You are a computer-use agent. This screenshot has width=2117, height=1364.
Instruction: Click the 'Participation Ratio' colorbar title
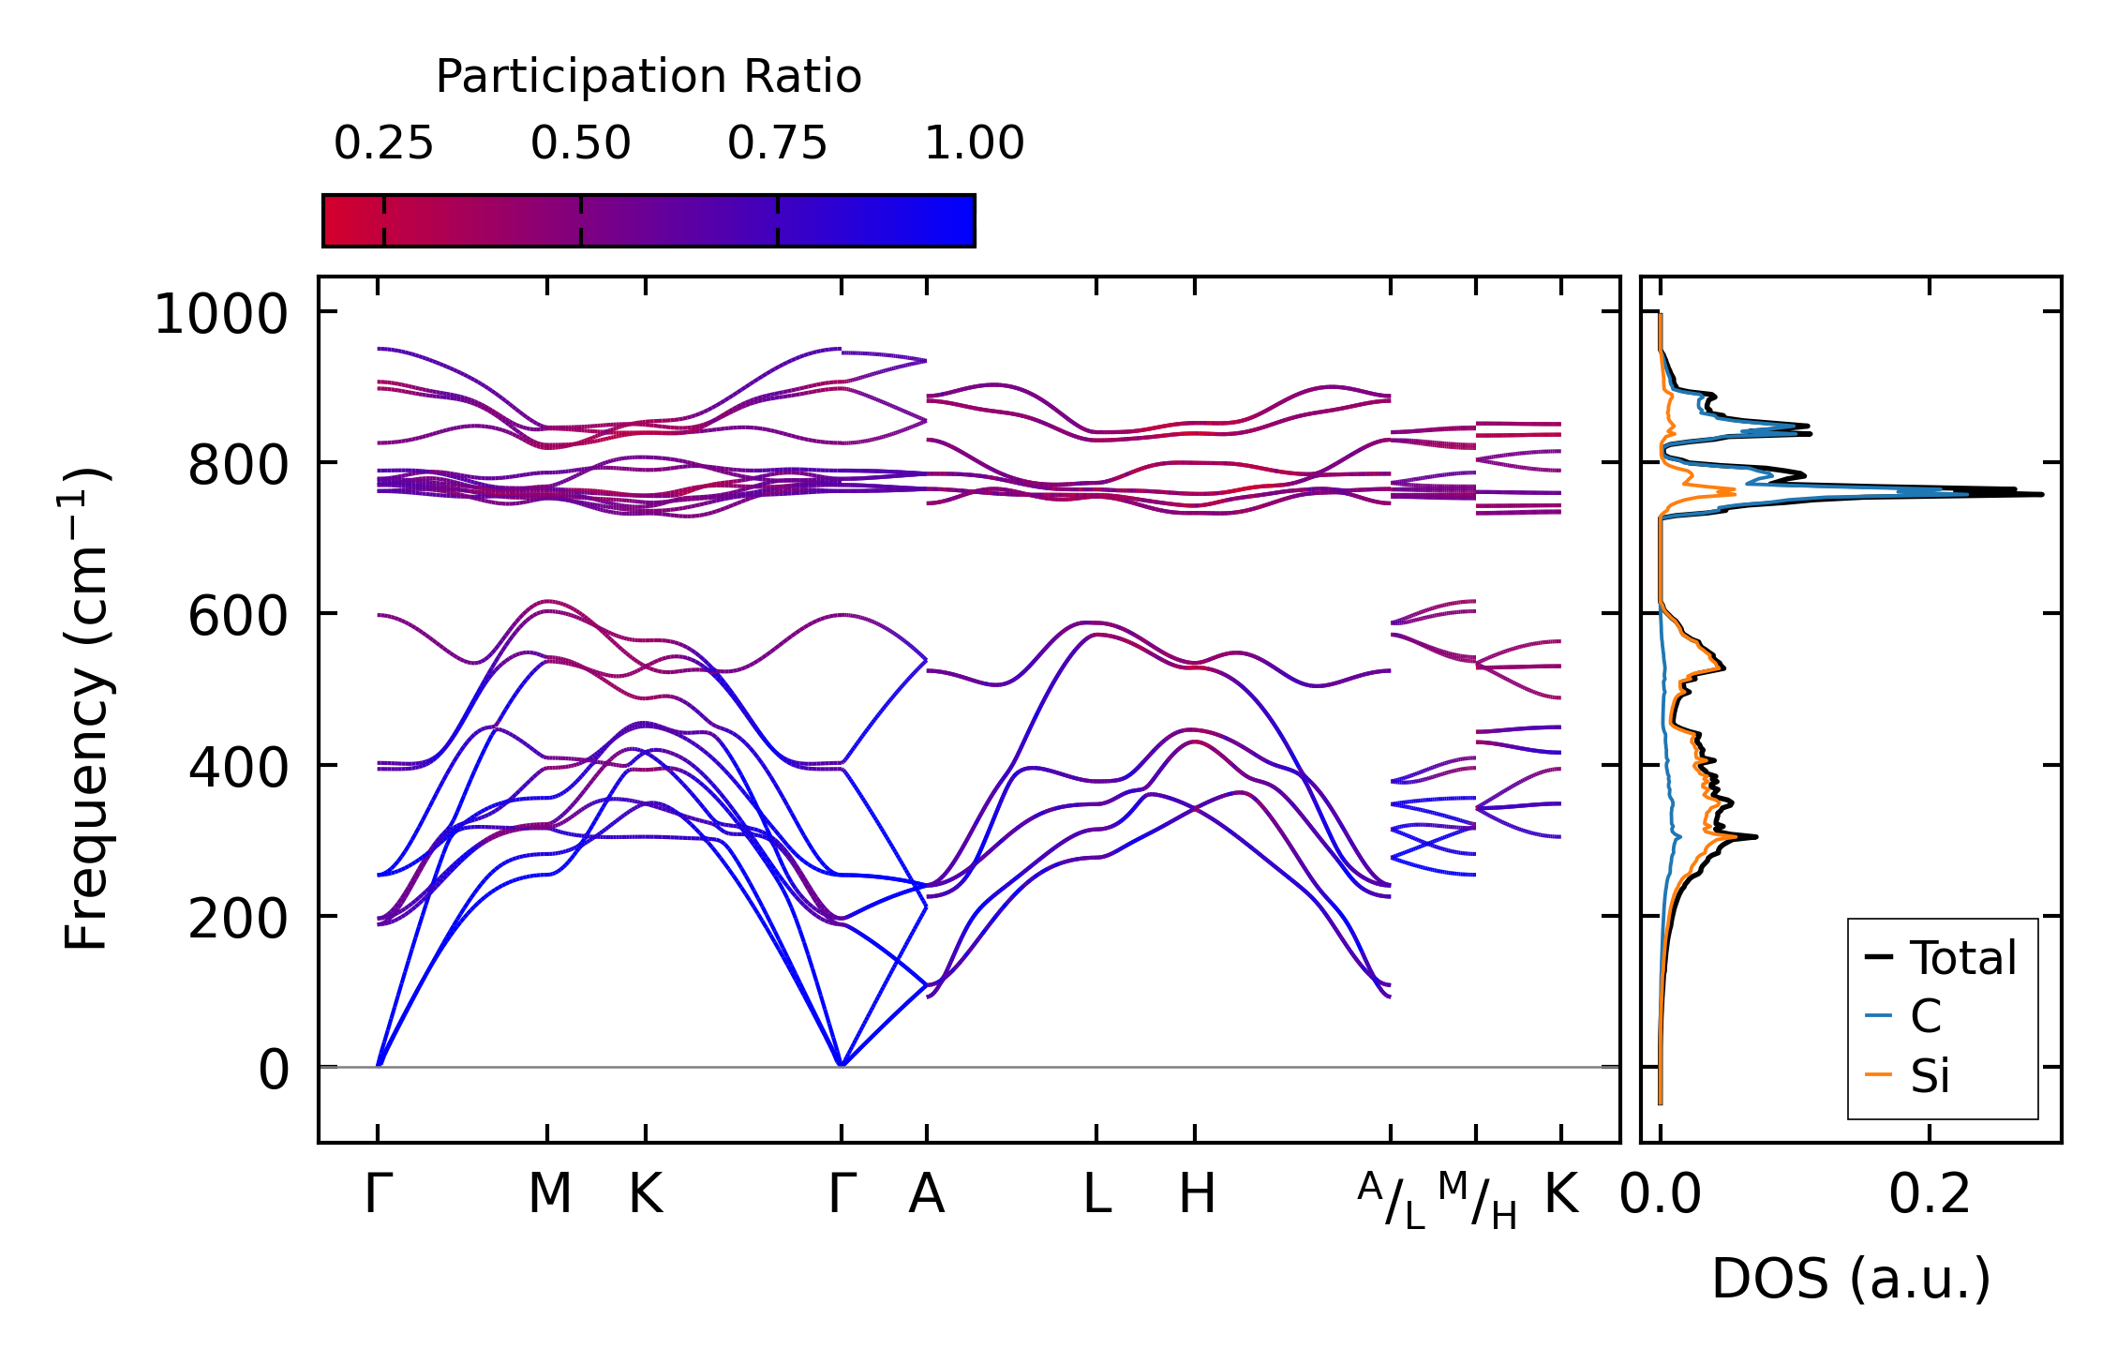(649, 77)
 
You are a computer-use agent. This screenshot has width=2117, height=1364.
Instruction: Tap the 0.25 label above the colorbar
(383, 143)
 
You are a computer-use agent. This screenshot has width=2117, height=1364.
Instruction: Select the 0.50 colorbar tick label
(580, 143)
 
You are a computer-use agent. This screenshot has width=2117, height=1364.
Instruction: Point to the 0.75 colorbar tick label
(777, 143)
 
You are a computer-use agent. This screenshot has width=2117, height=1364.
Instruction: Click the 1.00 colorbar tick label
(974, 143)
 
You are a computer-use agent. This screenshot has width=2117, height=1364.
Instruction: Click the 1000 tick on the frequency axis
(221, 314)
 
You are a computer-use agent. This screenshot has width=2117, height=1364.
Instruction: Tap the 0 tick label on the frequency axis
(274, 1071)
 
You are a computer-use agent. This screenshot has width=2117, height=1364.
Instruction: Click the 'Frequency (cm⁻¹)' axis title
(86, 709)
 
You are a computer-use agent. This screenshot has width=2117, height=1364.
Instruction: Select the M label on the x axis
(549, 1194)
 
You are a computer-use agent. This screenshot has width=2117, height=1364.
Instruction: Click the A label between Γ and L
(926, 1194)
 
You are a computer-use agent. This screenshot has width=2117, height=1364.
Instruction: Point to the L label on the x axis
(1096, 1194)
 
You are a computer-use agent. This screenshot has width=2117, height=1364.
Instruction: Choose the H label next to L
(1197, 1194)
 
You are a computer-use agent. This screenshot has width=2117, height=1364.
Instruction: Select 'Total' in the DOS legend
(1962, 958)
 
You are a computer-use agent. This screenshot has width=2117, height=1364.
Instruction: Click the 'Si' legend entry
(1930, 1075)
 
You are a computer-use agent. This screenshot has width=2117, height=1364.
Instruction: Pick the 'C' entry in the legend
(1925, 1016)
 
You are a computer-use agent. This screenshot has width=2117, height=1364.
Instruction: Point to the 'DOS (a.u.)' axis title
(1851, 1280)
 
